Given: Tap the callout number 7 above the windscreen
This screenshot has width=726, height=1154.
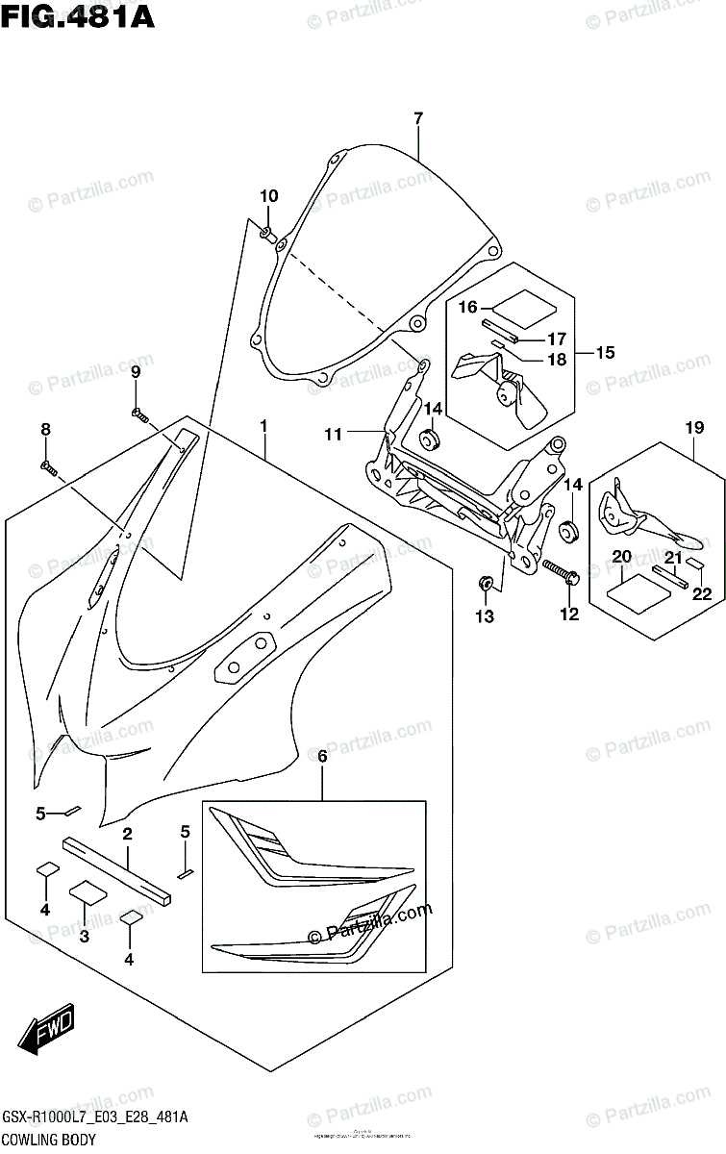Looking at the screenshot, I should click(x=418, y=119).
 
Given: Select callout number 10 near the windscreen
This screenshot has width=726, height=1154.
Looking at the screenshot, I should click(x=268, y=196).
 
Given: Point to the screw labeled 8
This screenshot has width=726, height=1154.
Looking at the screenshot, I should click(x=49, y=468).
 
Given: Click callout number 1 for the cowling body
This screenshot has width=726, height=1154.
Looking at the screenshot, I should click(x=263, y=425).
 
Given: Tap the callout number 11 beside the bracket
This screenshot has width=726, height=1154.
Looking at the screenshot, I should click(x=333, y=435).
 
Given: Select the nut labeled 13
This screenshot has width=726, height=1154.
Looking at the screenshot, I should click(x=486, y=582).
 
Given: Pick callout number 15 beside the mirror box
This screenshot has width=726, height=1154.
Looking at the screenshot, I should click(x=604, y=352).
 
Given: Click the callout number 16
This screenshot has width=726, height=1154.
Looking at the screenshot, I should click(x=468, y=308).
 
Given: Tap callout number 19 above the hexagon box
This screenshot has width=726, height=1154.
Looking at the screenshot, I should click(x=694, y=427).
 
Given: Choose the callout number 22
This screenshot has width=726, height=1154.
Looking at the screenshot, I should click(x=703, y=593).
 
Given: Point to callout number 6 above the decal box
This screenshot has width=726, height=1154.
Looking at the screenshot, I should click(x=322, y=757).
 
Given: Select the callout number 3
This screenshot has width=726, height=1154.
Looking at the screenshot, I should click(x=85, y=936).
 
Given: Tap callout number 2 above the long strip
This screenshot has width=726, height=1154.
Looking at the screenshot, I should click(x=126, y=833).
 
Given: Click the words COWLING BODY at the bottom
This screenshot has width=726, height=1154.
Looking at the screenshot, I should click(x=48, y=1141).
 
